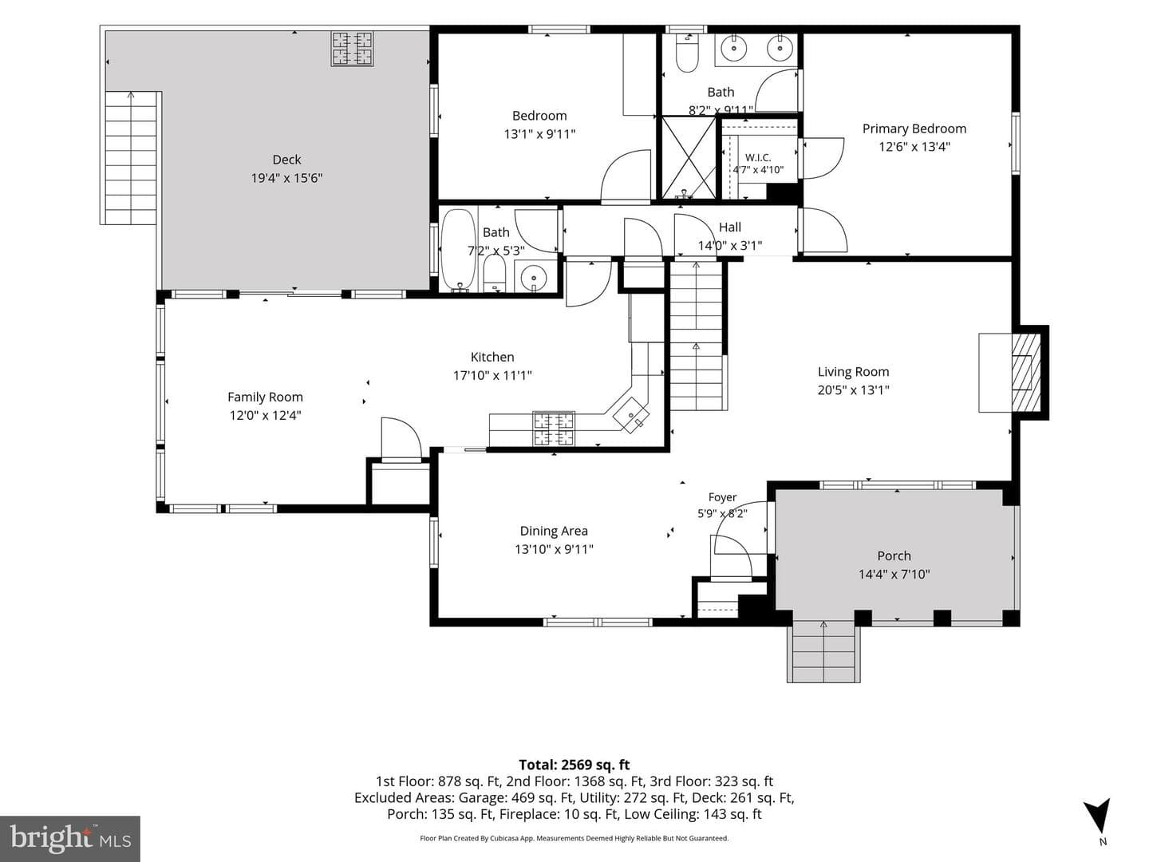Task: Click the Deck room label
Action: (287, 160)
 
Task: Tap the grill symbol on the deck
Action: (353, 49)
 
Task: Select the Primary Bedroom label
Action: (914, 129)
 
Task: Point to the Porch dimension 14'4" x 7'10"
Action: (894, 574)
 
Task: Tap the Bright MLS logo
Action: (70, 838)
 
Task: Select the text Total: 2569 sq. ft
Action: (574, 765)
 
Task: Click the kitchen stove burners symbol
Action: (554, 429)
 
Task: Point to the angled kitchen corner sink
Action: (631, 414)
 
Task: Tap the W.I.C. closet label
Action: (758, 157)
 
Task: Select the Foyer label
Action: (722, 497)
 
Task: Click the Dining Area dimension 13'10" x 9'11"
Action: (554, 549)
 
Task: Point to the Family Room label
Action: (266, 397)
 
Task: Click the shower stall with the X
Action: (689, 157)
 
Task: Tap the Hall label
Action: (730, 227)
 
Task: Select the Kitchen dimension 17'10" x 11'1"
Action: (492, 375)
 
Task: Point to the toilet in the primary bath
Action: (687, 54)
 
